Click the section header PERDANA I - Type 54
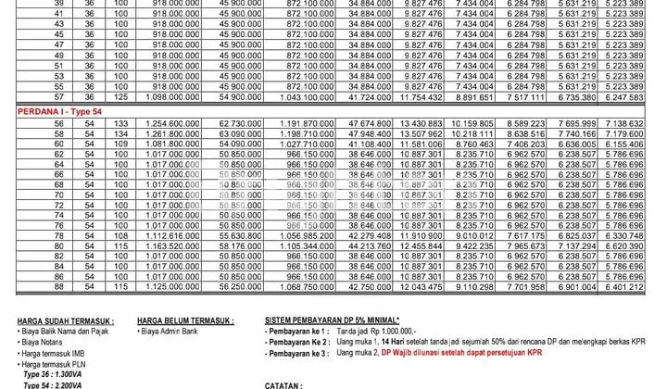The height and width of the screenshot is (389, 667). coord(61,109)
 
